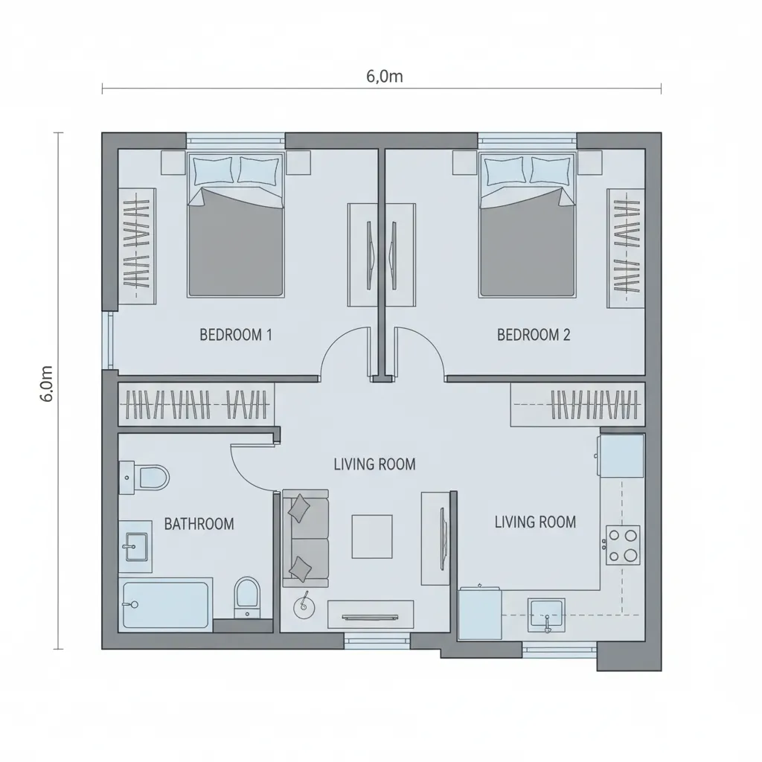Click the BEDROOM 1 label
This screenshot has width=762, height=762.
pyautogui.click(x=236, y=335)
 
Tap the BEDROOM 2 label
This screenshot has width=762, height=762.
pyautogui.click(x=533, y=335)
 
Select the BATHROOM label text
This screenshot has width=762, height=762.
pyautogui.click(x=199, y=524)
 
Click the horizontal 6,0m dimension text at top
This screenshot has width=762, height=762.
pyautogui.click(x=385, y=77)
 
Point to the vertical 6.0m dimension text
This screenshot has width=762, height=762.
pyautogui.click(x=46, y=383)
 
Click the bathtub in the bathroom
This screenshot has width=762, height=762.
pyautogui.click(x=166, y=604)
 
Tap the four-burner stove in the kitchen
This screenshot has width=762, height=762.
pyautogui.click(x=623, y=545)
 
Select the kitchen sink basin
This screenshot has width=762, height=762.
pyautogui.click(x=547, y=615)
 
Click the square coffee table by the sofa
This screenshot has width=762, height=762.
pyautogui.click(x=372, y=537)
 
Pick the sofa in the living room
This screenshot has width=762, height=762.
pyautogui.click(x=306, y=539)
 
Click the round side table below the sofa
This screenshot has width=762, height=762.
pyautogui.click(x=304, y=607)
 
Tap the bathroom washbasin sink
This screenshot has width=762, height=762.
pyautogui.click(x=135, y=547)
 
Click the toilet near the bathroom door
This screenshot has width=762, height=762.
pyautogui.click(x=144, y=478)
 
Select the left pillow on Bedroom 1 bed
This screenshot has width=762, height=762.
pyautogui.click(x=213, y=170)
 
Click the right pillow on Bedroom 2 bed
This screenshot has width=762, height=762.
pyautogui.click(x=551, y=170)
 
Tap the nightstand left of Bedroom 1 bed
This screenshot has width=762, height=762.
pyautogui.click(x=173, y=162)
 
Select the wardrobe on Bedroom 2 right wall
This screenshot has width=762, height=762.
pyautogui.click(x=626, y=249)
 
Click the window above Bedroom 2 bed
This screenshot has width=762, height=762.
pyautogui.click(x=528, y=141)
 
